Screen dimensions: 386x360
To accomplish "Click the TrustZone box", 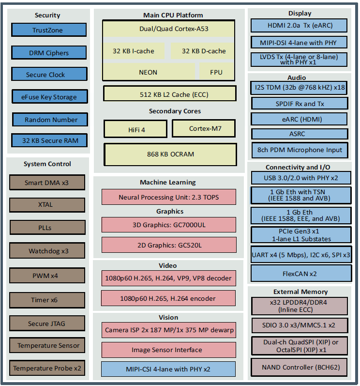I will coord(48,30).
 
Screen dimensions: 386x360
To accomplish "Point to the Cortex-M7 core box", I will coord(203,128).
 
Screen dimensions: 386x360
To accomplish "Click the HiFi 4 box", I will coord(136,129).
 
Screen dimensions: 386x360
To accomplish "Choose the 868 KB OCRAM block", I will coord(170,154).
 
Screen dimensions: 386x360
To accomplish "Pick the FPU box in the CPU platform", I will coord(216,72).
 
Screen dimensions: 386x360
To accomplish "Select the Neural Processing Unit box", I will coord(169,197).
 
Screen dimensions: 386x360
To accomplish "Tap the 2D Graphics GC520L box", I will coord(169,245).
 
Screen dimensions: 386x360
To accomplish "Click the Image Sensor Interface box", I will coord(169,350).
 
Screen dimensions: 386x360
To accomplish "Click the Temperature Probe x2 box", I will coord(47,368).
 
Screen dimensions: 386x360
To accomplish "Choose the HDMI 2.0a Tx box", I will coord(300,26).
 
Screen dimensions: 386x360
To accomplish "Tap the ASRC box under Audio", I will coord(300,134).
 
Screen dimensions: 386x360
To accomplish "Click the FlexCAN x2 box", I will coord(300,274).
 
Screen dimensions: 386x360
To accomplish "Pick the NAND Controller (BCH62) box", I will coord(300,367).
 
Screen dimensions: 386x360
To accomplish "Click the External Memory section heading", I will coord(300,292).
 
